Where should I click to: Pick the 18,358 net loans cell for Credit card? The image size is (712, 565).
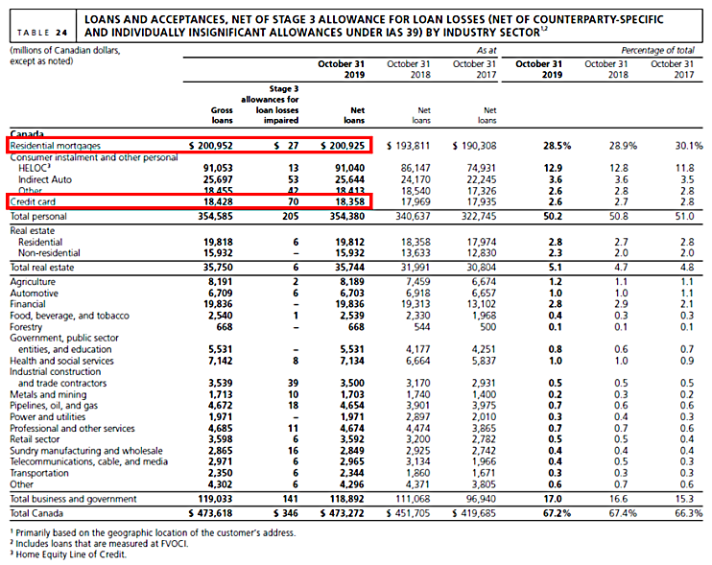pyautogui.click(x=352, y=202)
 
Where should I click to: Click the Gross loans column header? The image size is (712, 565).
pyautogui.click(x=221, y=115)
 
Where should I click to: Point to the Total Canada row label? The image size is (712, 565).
pyautogui.click(x=36, y=512)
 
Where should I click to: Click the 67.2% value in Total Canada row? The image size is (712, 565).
pyautogui.click(x=541, y=512)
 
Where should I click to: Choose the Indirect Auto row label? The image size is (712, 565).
pyautogui.click(x=45, y=179)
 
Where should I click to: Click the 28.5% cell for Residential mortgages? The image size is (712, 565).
pyautogui.click(x=541, y=145)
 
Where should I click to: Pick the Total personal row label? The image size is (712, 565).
pyautogui.click(x=37, y=216)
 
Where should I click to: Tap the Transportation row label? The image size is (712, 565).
pyautogui.click(x=40, y=474)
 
